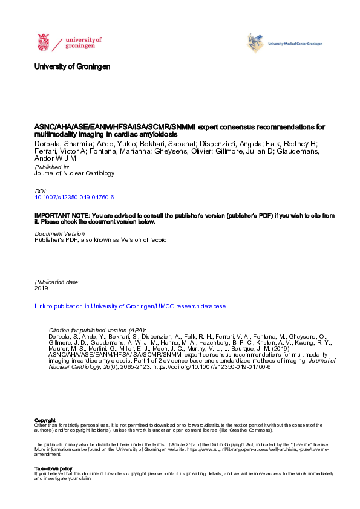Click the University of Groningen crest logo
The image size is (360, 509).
point(44,42)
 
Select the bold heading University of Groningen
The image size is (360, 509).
point(73,66)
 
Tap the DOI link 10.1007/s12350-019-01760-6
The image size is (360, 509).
point(74,198)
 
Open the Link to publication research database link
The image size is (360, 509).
point(130,306)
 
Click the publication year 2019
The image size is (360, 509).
point(41,289)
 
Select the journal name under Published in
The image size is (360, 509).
point(74,173)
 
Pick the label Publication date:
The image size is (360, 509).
point(57,282)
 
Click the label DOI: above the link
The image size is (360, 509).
point(41,191)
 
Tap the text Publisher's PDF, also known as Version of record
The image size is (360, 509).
point(100,240)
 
